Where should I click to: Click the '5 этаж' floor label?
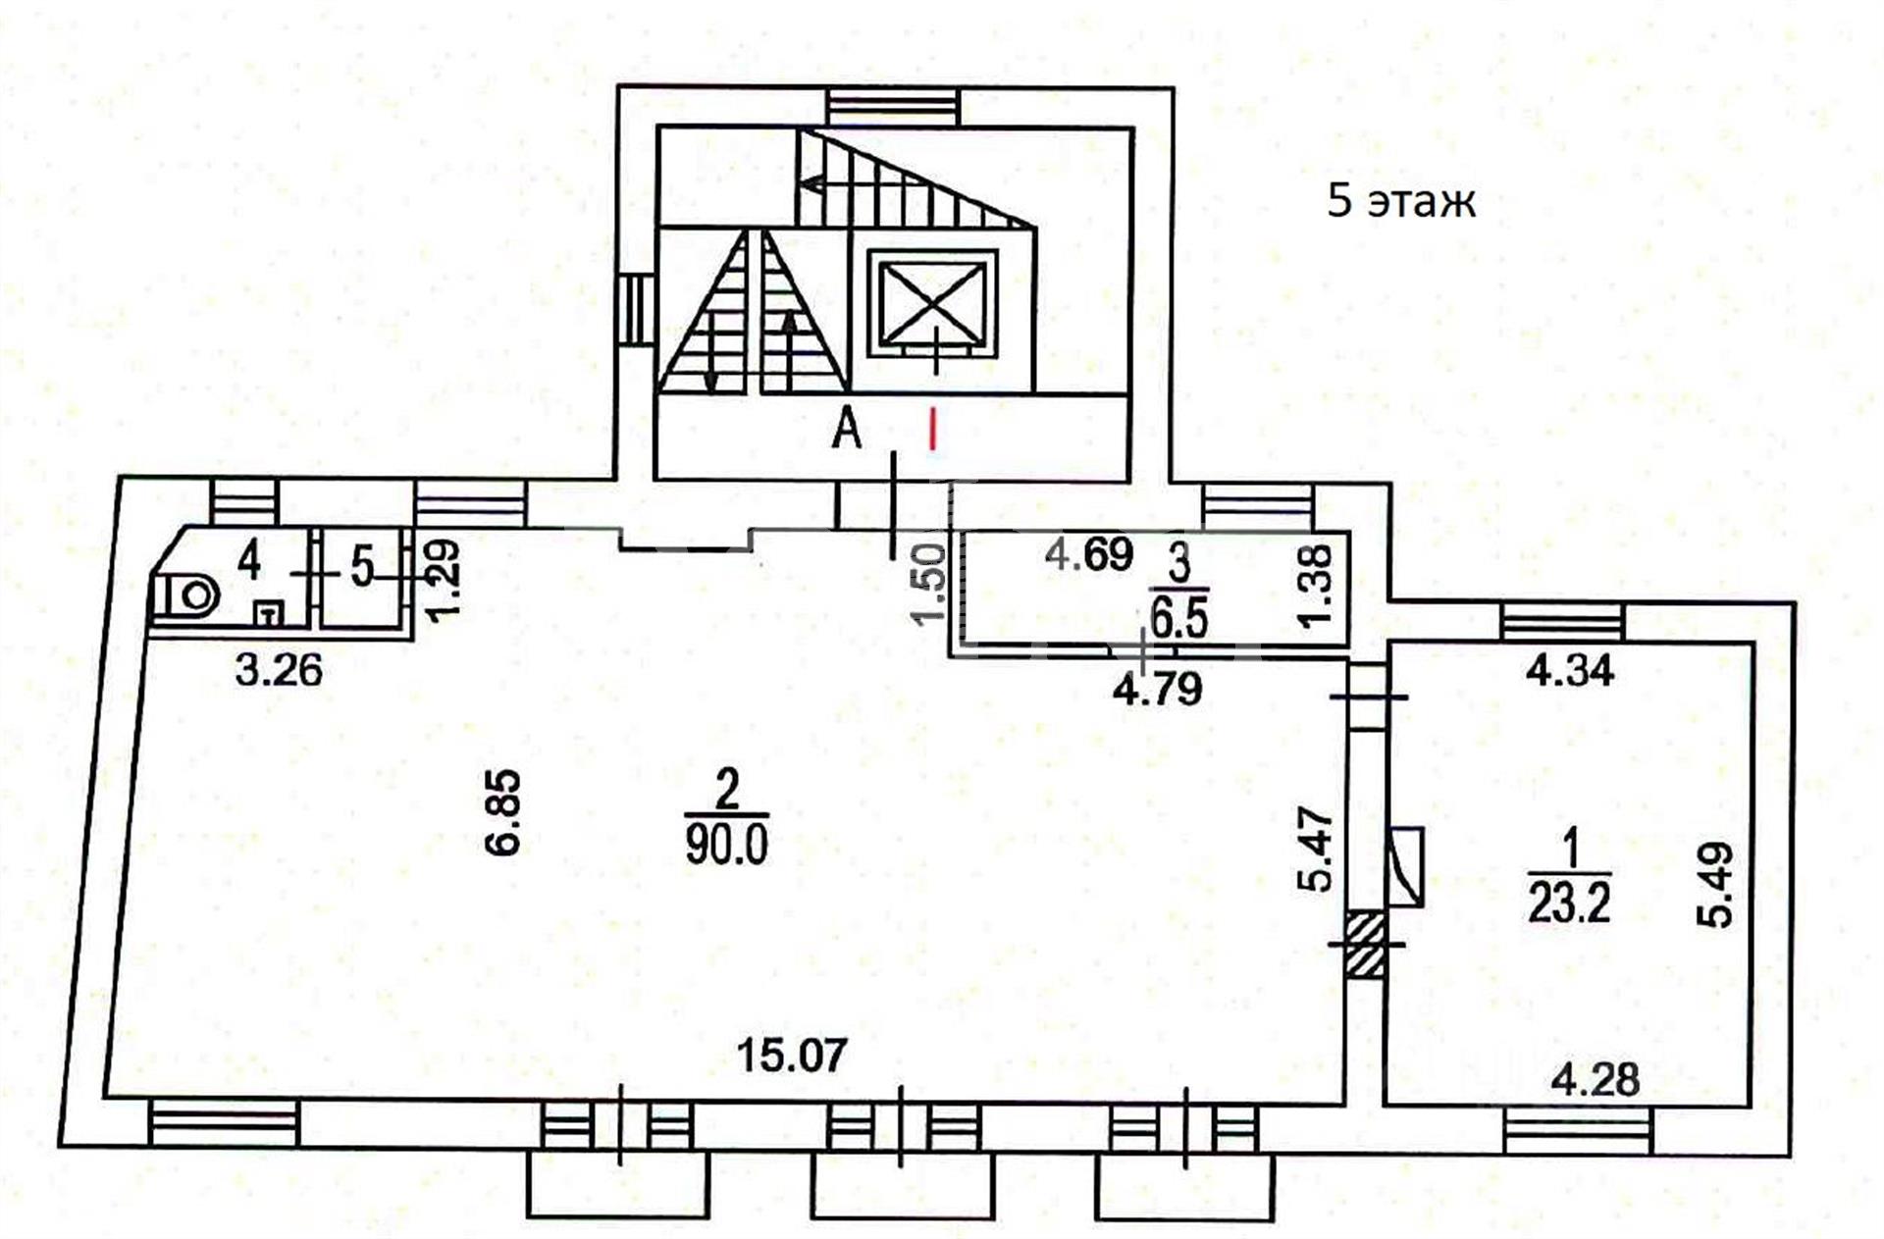click(1400, 201)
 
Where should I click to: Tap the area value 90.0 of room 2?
click(726, 844)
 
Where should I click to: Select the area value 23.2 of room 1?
click(1569, 903)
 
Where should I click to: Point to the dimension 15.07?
click(791, 1057)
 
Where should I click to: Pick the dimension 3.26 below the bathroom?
click(279, 670)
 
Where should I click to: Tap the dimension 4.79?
click(1157, 689)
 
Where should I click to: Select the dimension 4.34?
click(1570, 671)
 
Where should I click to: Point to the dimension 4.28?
click(1595, 1080)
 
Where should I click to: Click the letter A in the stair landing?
click(847, 429)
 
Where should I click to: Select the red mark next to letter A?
click(933, 429)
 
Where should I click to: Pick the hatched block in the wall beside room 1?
click(1365, 943)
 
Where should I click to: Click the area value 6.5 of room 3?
click(1178, 620)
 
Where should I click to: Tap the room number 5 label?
click(363, 567)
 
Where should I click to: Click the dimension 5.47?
click(1319, 850)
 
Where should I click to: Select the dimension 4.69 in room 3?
click(1089, 554)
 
